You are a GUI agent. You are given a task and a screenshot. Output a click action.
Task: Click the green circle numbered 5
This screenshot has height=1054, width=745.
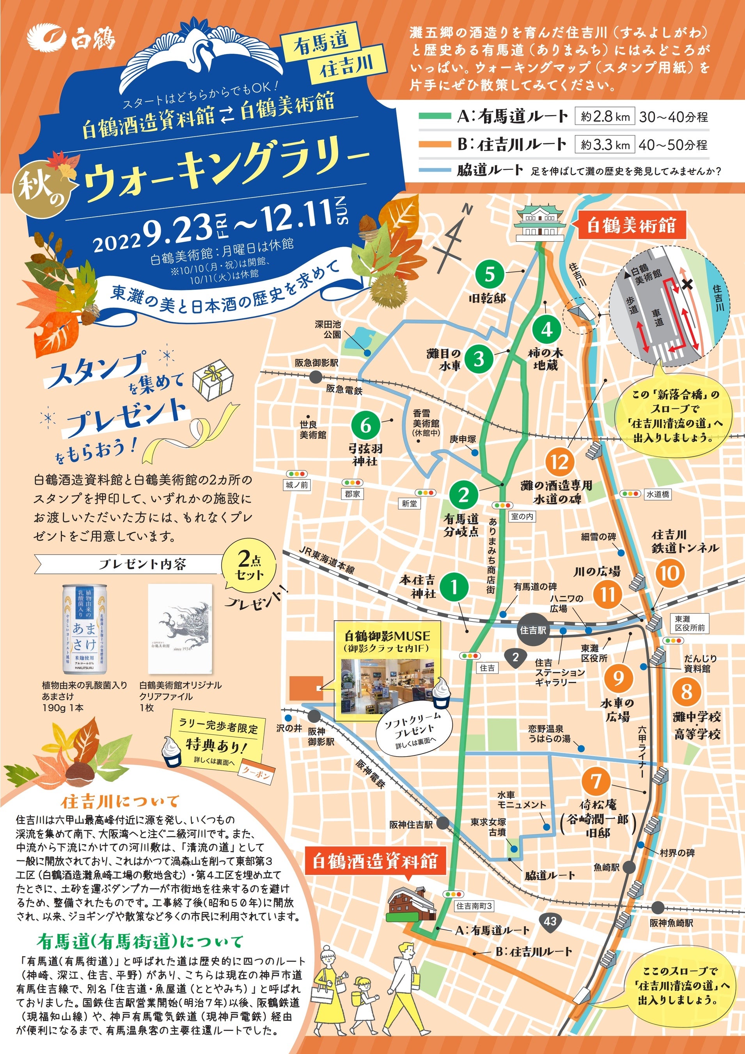pyautogui.click(x=490, y=274)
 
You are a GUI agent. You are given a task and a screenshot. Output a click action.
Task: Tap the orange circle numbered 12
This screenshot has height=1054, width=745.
pyautogui.click(x=559, y=462)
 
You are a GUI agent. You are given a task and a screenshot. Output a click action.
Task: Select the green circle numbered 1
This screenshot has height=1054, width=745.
pyautogui.click(x=454, y=587)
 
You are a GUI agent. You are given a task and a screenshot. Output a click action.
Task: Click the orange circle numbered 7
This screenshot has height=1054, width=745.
pyautogui.click(x=596, y=780)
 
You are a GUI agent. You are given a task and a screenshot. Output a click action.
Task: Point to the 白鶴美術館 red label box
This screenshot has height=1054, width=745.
pyautogui.click(x=632, y=225)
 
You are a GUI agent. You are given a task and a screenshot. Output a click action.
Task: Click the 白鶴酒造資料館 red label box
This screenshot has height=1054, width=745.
pyautogui.click(x=375, y=861)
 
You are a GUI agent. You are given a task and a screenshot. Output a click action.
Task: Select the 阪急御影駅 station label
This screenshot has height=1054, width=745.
pyautogui.click(x=317, y=363)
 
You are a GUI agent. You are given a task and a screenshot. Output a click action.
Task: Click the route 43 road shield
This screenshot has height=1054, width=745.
pyautogui.click(x=550, y=920)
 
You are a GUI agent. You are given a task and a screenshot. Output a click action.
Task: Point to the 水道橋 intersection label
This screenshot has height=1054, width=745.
pyautogui.click(x=658, y=494)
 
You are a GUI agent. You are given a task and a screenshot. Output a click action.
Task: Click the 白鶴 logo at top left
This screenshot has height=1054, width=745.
pyautogui.click(x=71, y=39)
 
